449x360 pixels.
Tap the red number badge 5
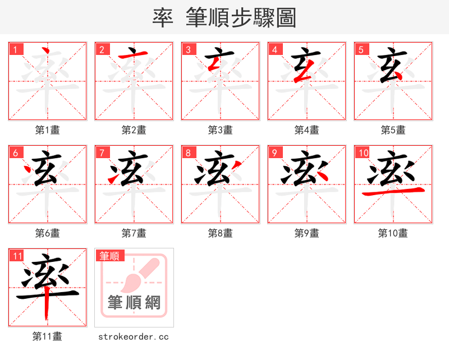pyautogui.click(x=361, y=49)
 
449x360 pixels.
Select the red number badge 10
pyautogui.click(x=363, y=153)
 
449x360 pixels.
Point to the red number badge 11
pyautogui.click(x=17, y=256)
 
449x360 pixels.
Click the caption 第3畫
pyautogui.click(x=220, y=130)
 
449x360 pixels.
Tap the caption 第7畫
pyautogui.click(x=134, y=233)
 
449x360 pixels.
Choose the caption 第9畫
pyautogui.click(x=306, y=233)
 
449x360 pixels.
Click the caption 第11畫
pyautogui.click(x=47, y=336)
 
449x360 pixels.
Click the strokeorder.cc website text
pyautogui.click(x=134, y=337)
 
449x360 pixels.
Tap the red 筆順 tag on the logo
pyautogui.click(x=109, y=256)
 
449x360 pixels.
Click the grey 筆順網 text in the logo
pyautogui.click(x=134, y=303)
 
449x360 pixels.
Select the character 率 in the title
pyautogui.click(x=163, y=18)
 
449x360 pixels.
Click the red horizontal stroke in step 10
pyautogui.click(x=393, y=192)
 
